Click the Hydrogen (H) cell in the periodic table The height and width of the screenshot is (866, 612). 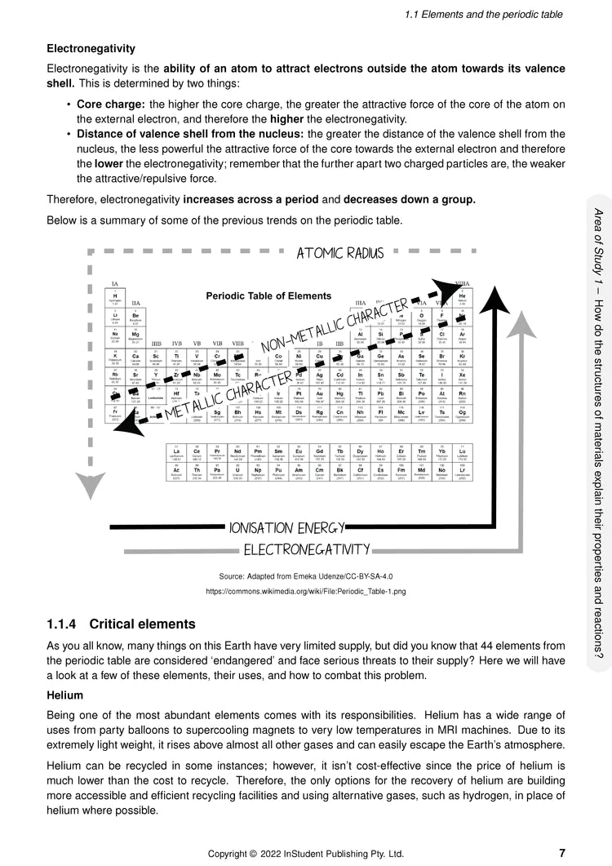coord(115,296)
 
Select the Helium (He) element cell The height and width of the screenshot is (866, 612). coord(462,296)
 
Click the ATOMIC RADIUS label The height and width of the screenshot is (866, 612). coord(340,253)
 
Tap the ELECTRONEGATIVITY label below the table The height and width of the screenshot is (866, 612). coord(307,549)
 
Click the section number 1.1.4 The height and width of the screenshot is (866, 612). coord(64,624)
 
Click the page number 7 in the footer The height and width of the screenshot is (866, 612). coord(562,852)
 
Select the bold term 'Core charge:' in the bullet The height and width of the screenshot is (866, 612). coord(111,104)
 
